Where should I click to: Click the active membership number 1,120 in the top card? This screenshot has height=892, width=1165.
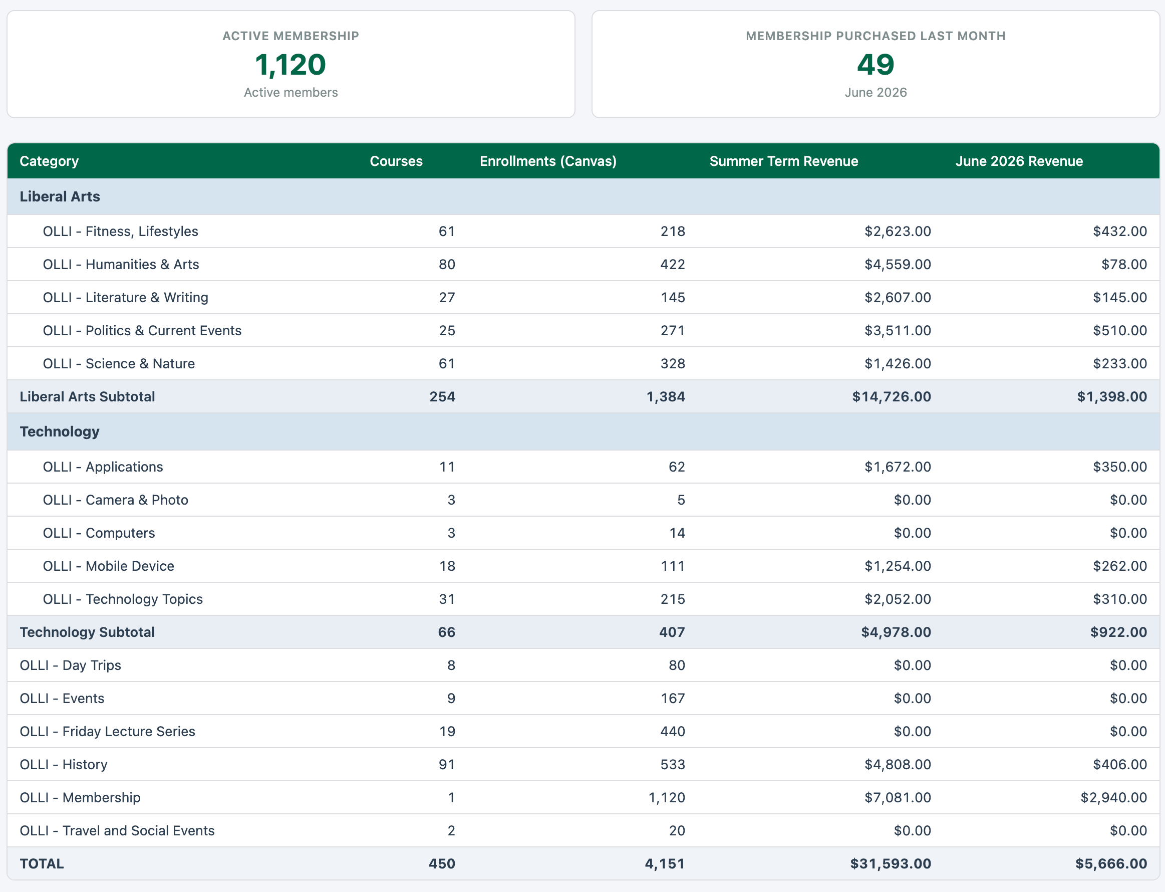click(x=290, y=65)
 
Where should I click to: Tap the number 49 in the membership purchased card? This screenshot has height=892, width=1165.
click(x=876, y=65)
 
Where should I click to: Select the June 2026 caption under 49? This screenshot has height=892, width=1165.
click(x=876, y=92)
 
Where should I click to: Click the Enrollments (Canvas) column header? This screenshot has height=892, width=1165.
click(x=548, y=161)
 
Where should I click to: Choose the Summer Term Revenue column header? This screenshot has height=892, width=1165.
click(x=784, y=161)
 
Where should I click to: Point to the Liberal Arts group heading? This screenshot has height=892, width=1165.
click(x=60, y=196)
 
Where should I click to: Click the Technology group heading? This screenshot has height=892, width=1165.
click(x=60, y=431)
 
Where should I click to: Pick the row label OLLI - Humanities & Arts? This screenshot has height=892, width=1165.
click(x=121, y=265)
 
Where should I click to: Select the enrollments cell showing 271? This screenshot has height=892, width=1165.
click(x=673, y=330)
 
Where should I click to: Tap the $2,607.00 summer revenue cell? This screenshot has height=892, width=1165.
click(x=898, y=297)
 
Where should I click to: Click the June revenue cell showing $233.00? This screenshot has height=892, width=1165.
click(x=1120, y=364)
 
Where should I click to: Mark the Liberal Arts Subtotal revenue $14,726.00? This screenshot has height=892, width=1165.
click(x=892, y=396)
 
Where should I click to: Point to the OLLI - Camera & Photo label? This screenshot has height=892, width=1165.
click(x=116, y=500)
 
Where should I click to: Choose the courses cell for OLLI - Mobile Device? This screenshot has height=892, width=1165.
click(x=447, y=566)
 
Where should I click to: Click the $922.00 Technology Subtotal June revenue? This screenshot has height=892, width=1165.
click(x=1119, y=632)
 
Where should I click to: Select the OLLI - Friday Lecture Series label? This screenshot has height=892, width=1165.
click(x=107, y=732)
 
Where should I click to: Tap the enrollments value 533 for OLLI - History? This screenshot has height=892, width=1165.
click(x=673, y=765)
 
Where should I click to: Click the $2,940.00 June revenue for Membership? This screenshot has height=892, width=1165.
click(x=1113, y=797)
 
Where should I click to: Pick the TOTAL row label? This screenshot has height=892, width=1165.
click(x=42, y=864)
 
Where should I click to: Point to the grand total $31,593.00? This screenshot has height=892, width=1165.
click(x=891, y=864)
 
